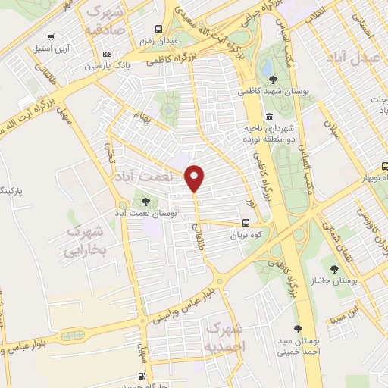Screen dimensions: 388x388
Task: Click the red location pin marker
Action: click(x=195, y=177)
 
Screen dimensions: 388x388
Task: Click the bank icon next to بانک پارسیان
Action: click(x=107, y=55)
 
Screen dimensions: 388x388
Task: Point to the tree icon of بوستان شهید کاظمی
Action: click(x=270, y=78)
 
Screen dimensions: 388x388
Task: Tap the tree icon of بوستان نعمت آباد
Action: click(x=144, y=202)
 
